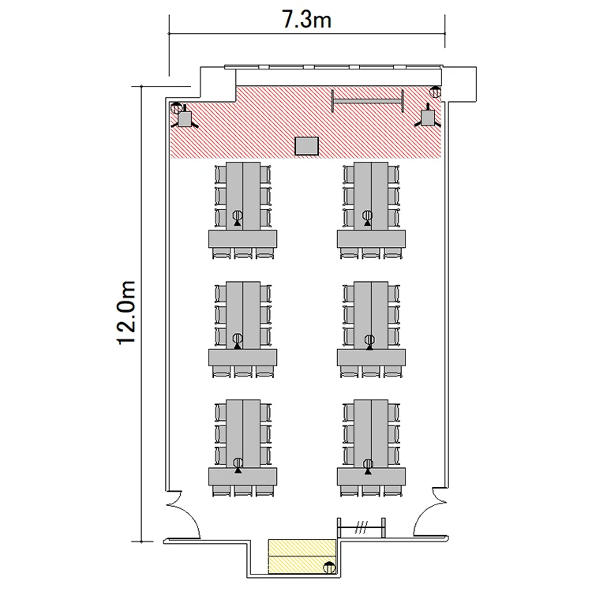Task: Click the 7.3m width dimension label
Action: pos(306,20)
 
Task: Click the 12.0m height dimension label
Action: pos(126,313)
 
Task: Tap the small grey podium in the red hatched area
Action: pos(306,146)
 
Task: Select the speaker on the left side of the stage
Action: pos(185,118)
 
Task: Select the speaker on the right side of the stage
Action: pos(427,117)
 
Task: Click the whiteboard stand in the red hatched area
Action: pos(367,101)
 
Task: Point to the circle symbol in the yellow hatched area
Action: pos(329,567)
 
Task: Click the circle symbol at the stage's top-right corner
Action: pos(435,92)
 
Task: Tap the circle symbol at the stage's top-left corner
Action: pos(176,108)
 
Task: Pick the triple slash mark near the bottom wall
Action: pos(361,527)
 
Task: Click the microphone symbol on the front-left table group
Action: pos(237,218)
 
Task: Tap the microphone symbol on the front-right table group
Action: pos(367,218)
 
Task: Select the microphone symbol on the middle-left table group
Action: pos(237,340)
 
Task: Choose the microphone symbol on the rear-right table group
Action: pos(368,466)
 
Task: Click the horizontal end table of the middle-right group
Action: pos(371,357)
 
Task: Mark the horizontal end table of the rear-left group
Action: pos(243,477)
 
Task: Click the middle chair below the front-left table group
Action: pos(243,253)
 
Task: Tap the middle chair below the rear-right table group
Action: pos(371,491)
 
